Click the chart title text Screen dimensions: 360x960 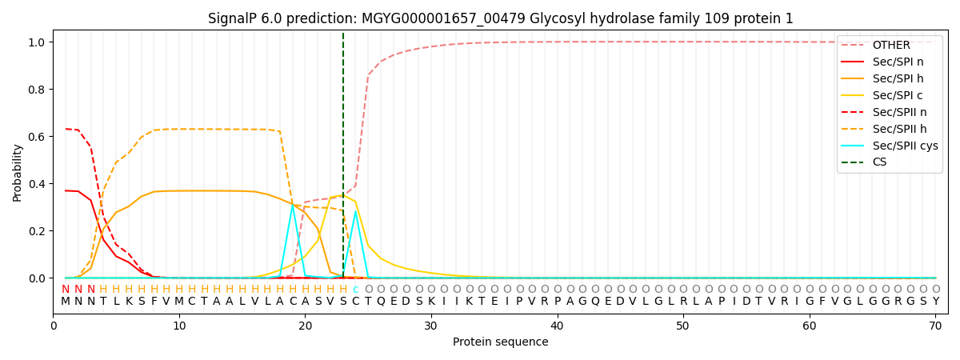coord(500,18)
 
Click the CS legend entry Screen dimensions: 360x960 coord(879,162)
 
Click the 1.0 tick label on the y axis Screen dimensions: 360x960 coord(37,42)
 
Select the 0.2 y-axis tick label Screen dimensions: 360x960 coord(37,231)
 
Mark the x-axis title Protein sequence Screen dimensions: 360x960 coord(500,342)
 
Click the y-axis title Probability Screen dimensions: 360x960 coord(18,172)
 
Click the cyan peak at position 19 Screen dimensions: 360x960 coord(293,206)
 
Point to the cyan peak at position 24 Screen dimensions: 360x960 coord(355,211)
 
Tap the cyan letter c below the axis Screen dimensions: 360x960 coord(355,290)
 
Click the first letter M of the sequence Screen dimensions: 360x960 coord(66,302)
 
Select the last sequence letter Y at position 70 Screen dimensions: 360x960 coord(935,302)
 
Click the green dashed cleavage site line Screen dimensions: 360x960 coord(343,120)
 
